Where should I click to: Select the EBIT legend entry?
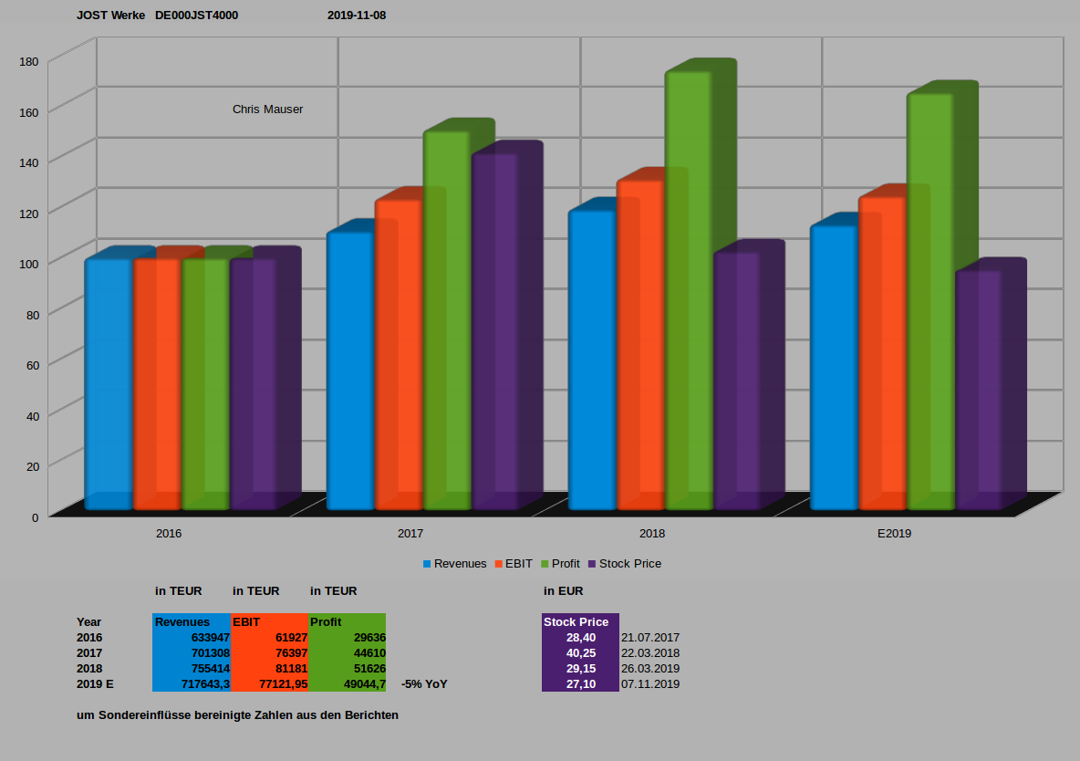point(518,564)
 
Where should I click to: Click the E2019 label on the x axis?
point(894,533)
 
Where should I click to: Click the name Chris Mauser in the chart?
point(267,109)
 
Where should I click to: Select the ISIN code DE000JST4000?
point(197,16)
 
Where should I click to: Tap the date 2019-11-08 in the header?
point(357,16)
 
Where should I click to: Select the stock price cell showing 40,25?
point(581,653)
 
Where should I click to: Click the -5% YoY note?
point(424,684)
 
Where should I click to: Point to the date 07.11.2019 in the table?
point(650,684)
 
